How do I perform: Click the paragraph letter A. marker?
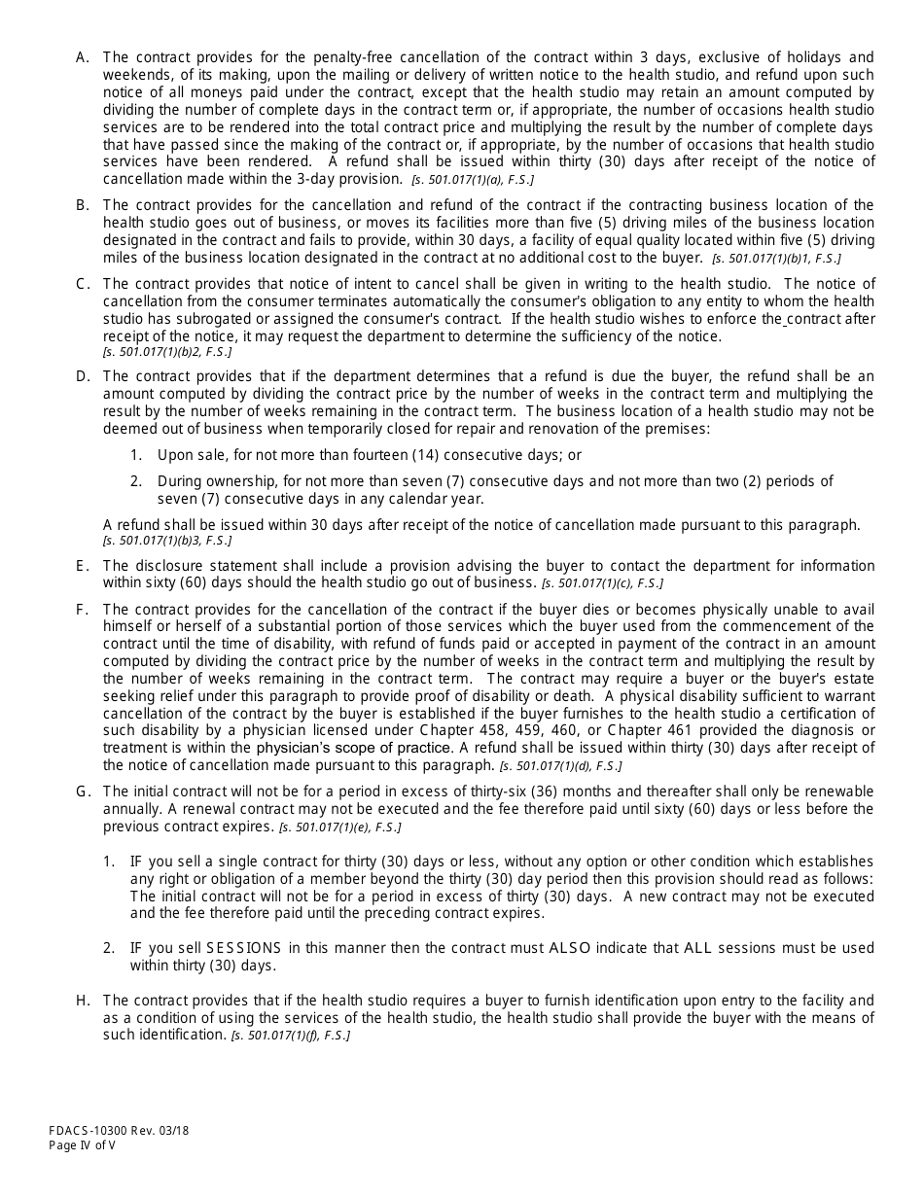[83, 56]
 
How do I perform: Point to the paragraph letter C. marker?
[83, 284]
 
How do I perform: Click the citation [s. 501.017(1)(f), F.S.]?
[290, 1037]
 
